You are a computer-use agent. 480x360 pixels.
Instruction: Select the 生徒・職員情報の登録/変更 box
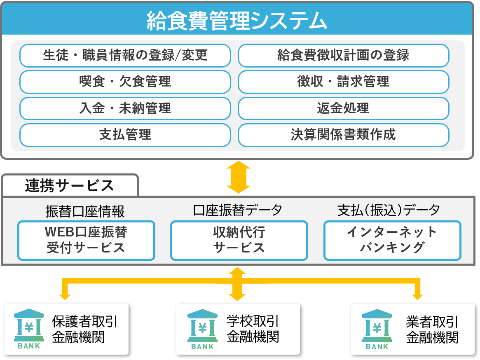[125, 55]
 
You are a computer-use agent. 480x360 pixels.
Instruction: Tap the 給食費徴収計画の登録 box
[343, 55]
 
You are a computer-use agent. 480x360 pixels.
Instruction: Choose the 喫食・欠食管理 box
[125, 82]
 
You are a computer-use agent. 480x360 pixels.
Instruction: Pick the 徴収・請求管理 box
[343, 82]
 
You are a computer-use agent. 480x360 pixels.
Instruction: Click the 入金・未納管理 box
[125, 108]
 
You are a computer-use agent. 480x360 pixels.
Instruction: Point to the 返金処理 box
[343, 108]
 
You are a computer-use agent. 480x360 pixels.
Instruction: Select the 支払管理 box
[125, 135]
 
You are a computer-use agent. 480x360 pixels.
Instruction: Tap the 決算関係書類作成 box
[343, 135]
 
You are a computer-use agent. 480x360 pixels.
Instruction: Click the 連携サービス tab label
[69, 186]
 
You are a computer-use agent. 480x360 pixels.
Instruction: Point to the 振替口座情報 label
[85, 211]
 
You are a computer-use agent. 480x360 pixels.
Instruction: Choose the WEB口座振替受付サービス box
[86, 241]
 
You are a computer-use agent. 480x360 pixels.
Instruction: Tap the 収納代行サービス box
[239, 241]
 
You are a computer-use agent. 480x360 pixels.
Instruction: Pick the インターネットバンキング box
[392, 241]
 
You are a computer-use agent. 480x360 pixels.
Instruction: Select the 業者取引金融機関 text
[432, 330]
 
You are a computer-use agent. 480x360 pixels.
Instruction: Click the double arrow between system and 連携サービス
[239, 177]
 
